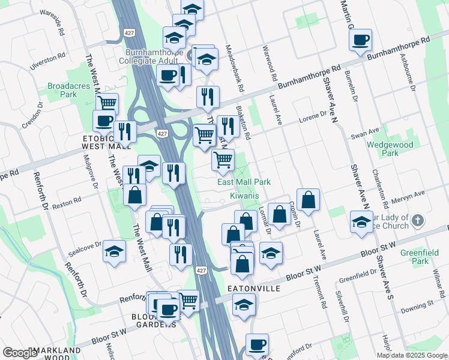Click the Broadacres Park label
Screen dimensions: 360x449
coord(63,90)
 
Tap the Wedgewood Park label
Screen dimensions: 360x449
coord(382,149)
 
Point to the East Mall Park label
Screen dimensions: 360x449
coord(244,182)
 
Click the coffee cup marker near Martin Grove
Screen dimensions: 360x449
coord(360,40)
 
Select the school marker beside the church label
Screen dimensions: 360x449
coord(361,221)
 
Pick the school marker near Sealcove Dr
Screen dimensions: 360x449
coord(113,251)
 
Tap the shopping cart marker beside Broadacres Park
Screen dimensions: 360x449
coord(107,103)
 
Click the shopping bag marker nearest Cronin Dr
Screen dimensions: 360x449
coord(308,200)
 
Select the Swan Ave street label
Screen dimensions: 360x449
coord(366,133)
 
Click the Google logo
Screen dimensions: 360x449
coord(20,353)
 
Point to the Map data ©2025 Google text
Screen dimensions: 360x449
coord(412,355)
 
